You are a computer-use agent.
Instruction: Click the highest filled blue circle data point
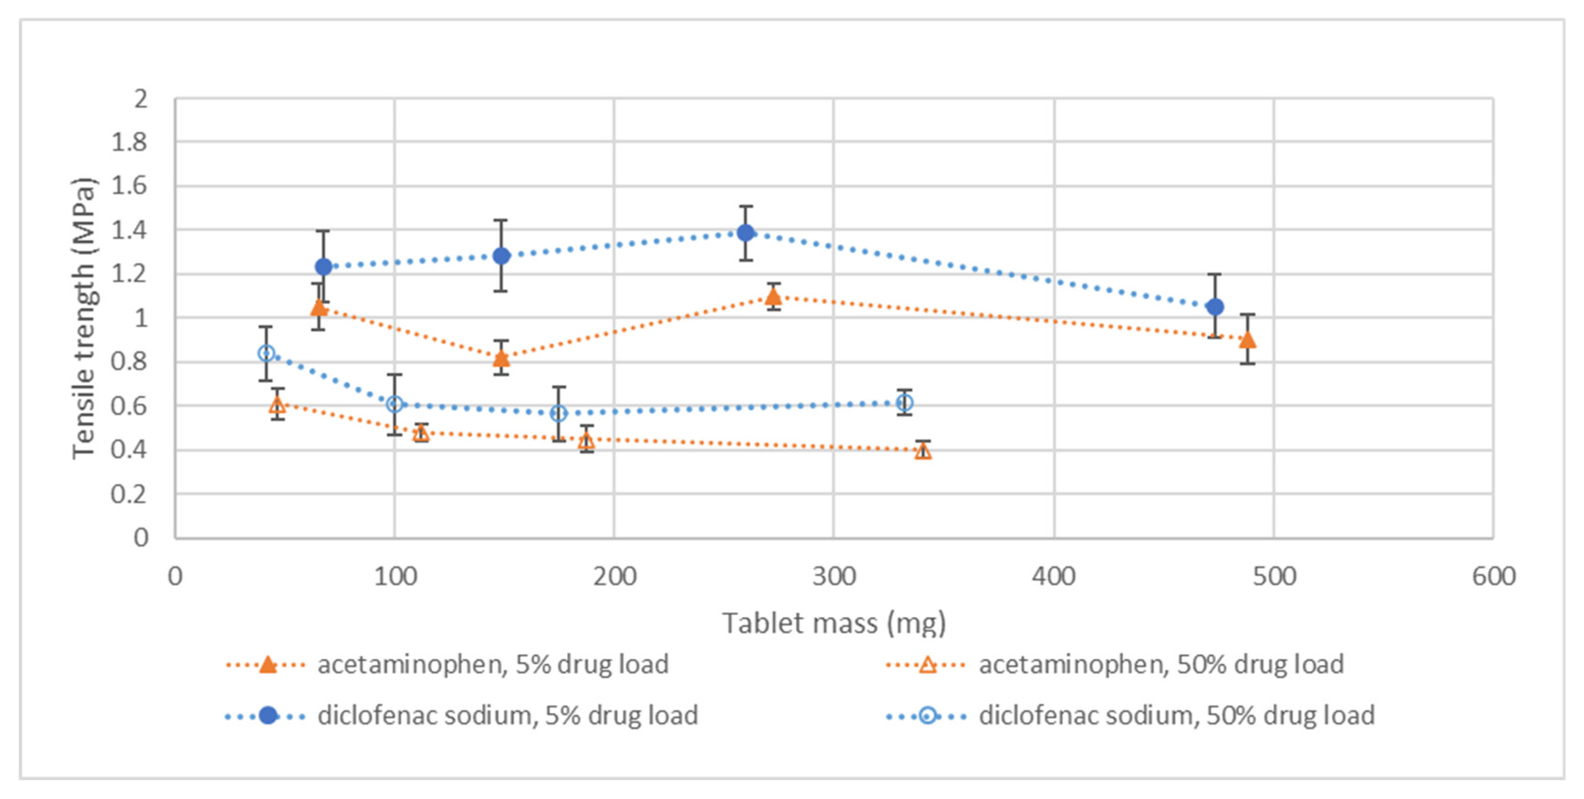point(746,233)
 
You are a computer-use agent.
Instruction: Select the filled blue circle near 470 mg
point(1215,306)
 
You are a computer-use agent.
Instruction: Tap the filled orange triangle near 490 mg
point(1247,340)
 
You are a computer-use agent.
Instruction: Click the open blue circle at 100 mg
point(395,404)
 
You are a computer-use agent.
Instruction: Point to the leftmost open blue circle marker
point(266,353)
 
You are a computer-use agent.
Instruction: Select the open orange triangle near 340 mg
point(922,451)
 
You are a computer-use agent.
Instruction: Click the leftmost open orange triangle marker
point(277,405)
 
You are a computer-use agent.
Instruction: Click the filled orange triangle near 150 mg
point(502,358)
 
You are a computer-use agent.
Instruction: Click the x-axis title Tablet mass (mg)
point(833,623)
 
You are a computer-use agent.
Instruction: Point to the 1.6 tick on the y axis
point(129,186)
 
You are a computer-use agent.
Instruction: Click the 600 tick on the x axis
point(1493,577)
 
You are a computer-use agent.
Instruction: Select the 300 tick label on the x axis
point(833,577)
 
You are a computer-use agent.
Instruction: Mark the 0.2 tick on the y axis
point(129,494)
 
